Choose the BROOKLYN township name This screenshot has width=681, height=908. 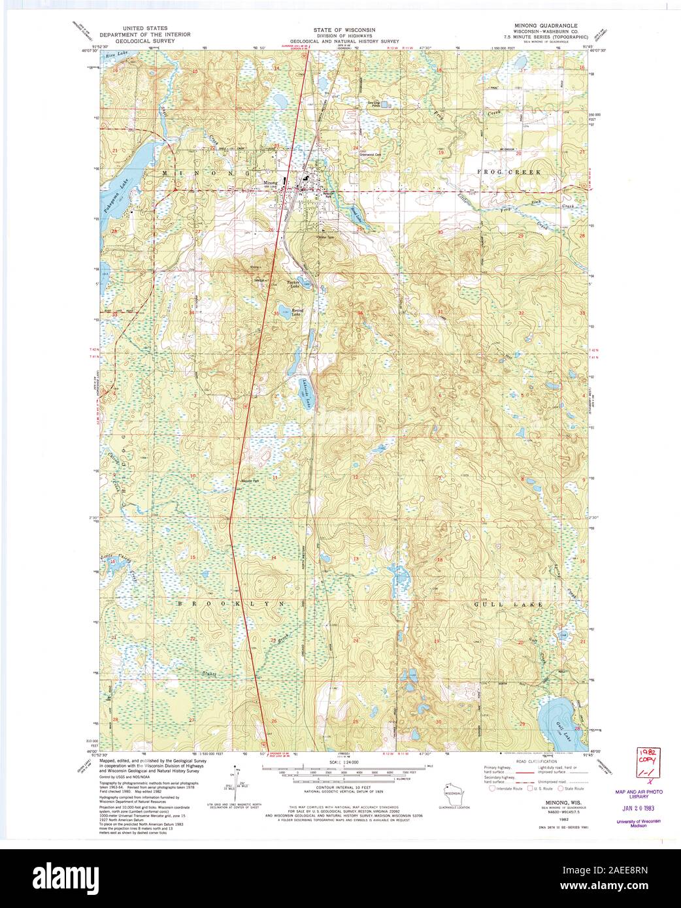pyautogui.click(x=232, y=605)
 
